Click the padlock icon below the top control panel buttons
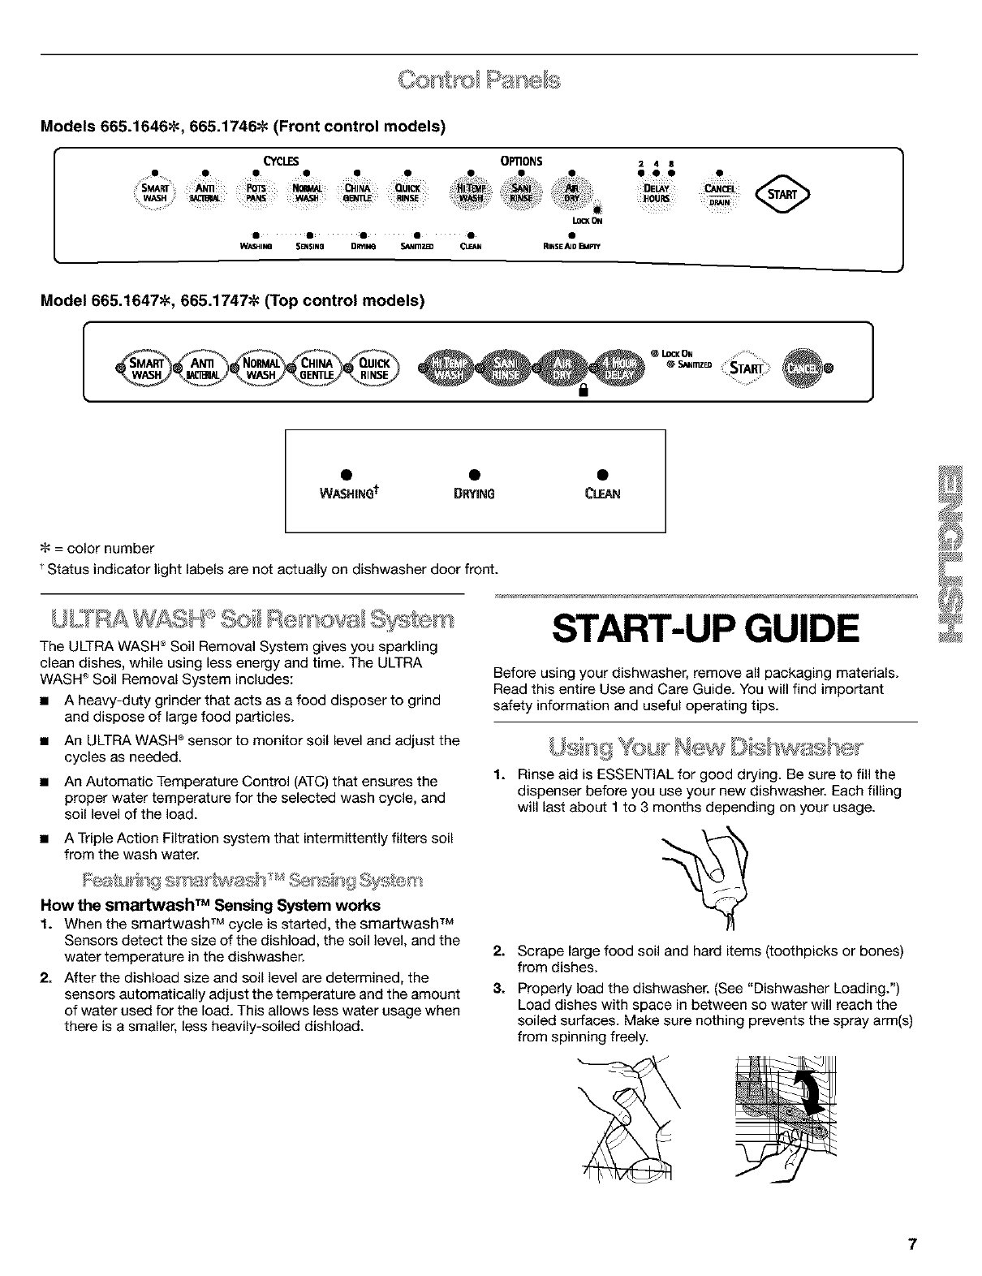tap(582, 392)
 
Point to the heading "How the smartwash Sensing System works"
tap(222, 904)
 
